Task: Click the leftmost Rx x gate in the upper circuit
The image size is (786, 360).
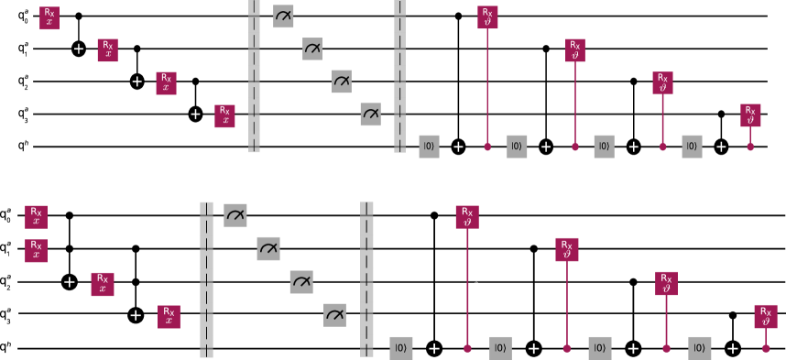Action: (49, 18)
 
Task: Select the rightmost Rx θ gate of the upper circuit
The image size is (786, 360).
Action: (750, 115)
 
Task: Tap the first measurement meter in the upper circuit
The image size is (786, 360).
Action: (283, 16)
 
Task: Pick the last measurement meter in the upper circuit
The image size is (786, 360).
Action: (370, 115)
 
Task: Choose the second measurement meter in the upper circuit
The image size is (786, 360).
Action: (312, 49)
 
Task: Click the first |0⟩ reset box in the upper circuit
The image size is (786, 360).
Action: (429, 147)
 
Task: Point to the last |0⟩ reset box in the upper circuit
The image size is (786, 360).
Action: (692, 147)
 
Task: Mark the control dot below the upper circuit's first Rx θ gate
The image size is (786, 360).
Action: (487, 147)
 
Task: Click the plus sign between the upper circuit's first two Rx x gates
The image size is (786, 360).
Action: (79, 49)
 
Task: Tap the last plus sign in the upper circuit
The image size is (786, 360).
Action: (721, 147)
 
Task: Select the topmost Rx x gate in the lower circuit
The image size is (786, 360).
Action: (36, 217)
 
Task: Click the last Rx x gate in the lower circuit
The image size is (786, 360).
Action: (169, 317)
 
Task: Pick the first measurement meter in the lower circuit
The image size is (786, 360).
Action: (235, 215)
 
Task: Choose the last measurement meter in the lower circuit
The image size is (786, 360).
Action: (334, 315)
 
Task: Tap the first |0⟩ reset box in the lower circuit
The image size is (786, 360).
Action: (400, 348)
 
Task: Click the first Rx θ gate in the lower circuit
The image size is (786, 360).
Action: (467, 217)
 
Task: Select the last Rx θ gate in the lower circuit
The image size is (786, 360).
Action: (766, 316)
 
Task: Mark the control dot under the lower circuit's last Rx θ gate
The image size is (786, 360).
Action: (766, 348)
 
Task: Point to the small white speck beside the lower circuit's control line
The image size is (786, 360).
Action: (475, 286)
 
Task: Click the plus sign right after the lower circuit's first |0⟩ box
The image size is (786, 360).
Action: (434, 348)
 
